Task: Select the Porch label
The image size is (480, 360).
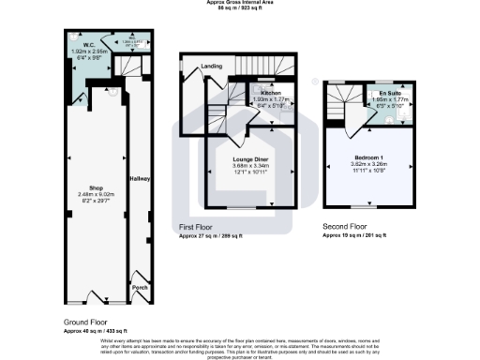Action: [x=141, y=288]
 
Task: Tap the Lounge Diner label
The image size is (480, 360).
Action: [x=250, y=159]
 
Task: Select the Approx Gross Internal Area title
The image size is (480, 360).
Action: [x=240, y=3]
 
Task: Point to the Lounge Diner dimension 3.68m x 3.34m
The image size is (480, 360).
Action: [x=250, y=167]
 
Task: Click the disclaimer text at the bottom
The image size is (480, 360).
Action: [x=240, y=347]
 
